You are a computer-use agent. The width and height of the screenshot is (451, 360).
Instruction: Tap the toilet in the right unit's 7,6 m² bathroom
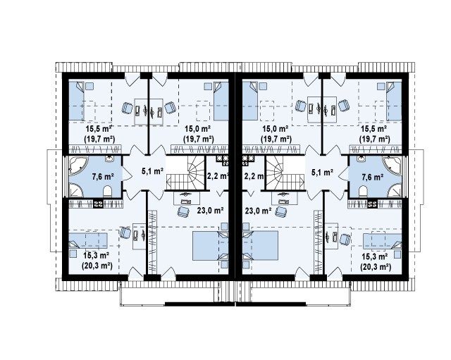(363, 191)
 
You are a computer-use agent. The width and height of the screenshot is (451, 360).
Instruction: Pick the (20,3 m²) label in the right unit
(376, 267)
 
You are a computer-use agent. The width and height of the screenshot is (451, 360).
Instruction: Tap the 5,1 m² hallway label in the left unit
(152, 172)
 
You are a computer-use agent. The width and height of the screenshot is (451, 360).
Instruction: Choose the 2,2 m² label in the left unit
(218, 175)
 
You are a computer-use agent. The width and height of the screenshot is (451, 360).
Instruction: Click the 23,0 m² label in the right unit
(259, 211)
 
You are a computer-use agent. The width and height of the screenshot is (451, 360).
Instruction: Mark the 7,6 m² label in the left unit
(103, 176)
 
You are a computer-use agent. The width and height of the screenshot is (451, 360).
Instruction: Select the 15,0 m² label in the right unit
(276, 128)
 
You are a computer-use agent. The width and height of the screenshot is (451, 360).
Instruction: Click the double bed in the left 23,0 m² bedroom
(211, 246)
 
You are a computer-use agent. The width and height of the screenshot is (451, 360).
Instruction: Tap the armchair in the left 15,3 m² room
(125, 232)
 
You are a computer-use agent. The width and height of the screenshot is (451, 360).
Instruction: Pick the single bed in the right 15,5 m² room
(394, 101)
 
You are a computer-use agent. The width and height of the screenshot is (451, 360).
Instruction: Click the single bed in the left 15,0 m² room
(221, 101)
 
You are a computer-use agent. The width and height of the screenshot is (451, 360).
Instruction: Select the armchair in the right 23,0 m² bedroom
(281, 211)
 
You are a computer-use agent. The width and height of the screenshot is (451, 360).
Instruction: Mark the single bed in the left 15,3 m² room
(88, 240)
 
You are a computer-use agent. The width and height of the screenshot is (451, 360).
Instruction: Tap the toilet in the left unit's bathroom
(108, 191)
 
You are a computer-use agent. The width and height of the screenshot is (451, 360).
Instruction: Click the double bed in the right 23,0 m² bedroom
(260, 246)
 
